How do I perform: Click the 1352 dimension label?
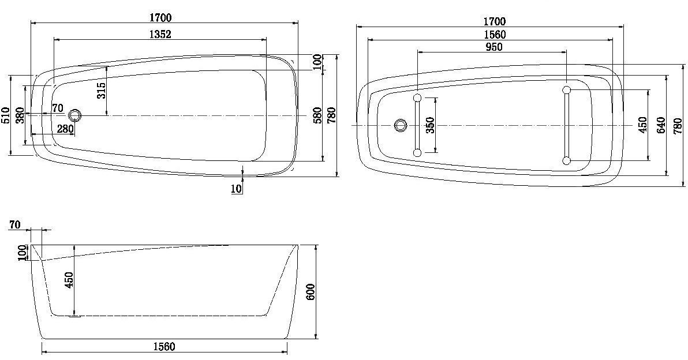tap(160, 34)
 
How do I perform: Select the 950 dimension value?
tap(494, 47)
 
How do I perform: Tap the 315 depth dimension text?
tap(102, 91)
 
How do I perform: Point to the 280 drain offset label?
tap(65, 129)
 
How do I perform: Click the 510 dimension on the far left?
tap(5, 115)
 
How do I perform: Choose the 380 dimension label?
tap(19, 115)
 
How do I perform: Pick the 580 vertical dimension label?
tap(317, 115)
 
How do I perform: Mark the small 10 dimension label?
tap(236, 189)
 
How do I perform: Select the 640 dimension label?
tap(661, 125)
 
